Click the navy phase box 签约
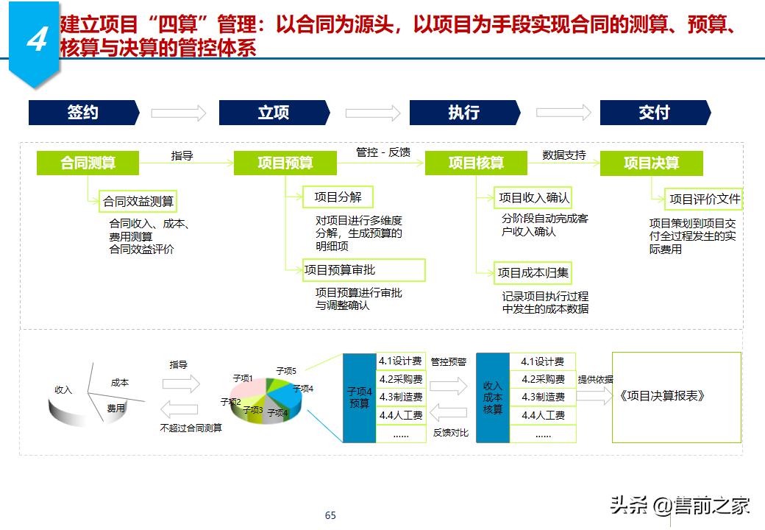[83, 113]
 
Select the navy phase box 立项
[274, 113]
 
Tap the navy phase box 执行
[464, 113]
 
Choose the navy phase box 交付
[655, 113]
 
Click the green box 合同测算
[88, 163]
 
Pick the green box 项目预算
[285, 163]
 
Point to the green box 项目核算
[476, 163]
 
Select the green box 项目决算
[651, 163]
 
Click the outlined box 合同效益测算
[140, 201]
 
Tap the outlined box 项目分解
[338, 197]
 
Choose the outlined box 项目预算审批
[365, 270]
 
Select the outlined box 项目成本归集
[533, 273]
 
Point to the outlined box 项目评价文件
[705, 199]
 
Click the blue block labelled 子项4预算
[360, 397]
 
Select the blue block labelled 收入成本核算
[493, 397]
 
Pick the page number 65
[330, 515]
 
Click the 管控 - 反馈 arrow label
[383, 152]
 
